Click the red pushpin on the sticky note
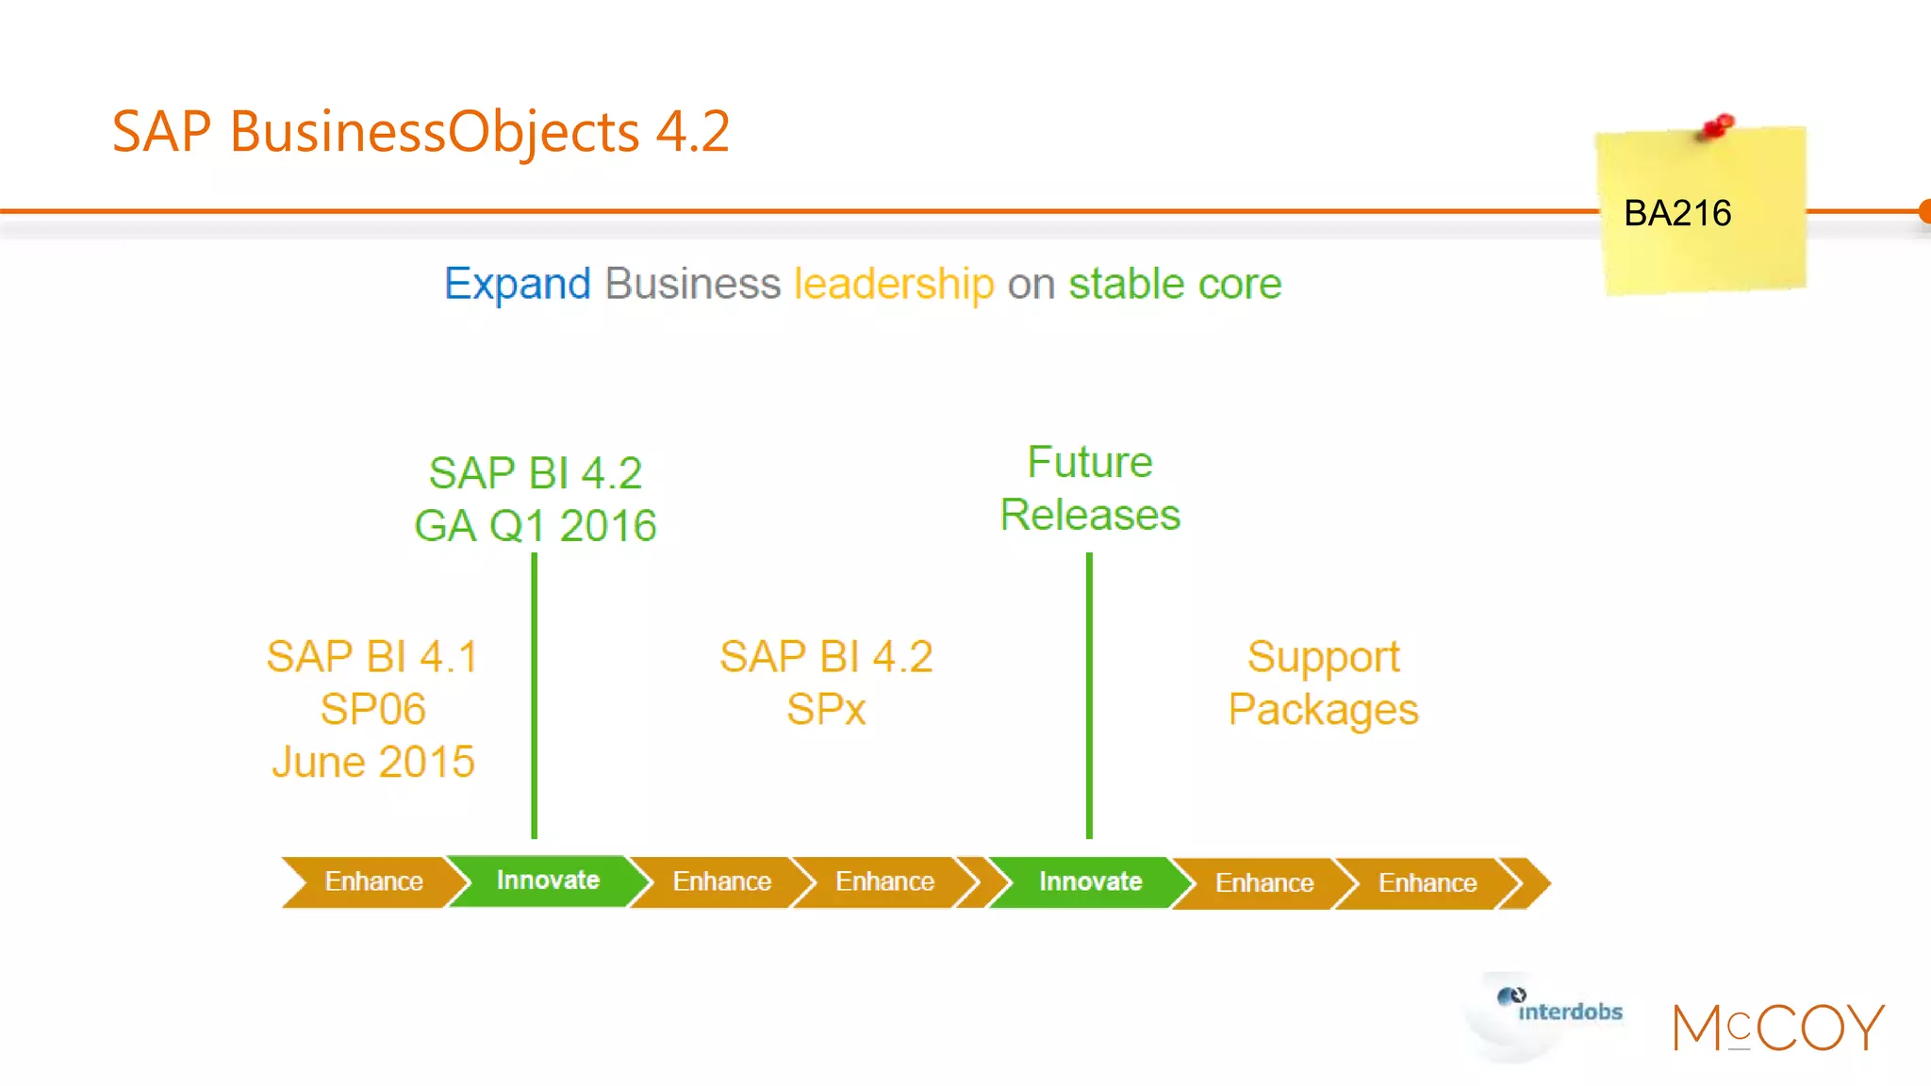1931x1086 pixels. (x=1718, y=126)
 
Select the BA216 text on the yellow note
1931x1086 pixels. (x=1677, y=214)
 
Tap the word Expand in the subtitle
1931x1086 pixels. (x=517, y=284)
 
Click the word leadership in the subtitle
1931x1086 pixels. (x=894, y=284)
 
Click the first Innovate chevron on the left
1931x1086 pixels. (x=548, y=880)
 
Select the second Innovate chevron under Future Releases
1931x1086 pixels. (x=1090, y=882)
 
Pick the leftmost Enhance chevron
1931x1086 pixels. (x=373, y=882)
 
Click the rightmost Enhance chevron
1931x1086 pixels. (x=1427, y=883)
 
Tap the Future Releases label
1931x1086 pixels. (x=1090, y=488)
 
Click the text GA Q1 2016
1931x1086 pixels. (x=535, y=526)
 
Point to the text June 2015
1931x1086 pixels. (x=373, y=762)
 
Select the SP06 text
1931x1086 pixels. (x=373, y=709)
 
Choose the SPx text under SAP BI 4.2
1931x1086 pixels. (x=826, y=710)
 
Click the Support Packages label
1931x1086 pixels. (x=1323, y=683)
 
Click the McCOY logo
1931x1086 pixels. (x=1777, y=1028)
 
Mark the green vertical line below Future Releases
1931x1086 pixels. (x=1089, y=698)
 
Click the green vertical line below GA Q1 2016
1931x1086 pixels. (x=535, y=698)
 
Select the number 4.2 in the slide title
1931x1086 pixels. (x=693, y=131)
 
